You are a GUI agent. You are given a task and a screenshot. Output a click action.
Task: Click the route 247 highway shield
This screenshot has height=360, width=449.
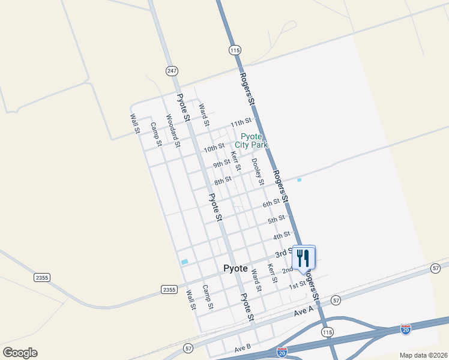tap(172, 71)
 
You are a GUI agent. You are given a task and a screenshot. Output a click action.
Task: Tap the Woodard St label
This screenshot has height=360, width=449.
tap(173, 131)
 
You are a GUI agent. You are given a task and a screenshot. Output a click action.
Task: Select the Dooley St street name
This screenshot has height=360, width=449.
tap(258, 171)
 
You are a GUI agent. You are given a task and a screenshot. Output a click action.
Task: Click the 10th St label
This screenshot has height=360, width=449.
tap(214, 148)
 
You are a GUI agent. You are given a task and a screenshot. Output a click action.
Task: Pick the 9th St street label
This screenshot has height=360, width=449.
tap(221, 163)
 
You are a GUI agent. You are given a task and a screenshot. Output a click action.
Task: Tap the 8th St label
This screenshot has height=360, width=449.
tap(223, 180)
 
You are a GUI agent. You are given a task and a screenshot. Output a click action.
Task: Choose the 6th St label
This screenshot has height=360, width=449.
tap(271, 203)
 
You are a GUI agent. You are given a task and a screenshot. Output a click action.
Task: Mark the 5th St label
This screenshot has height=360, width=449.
tap(276, 220)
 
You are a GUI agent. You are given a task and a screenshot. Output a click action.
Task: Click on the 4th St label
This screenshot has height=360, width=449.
tap(282, 235)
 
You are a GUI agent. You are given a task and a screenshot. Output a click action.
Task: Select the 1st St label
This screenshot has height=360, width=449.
tap(298, 284)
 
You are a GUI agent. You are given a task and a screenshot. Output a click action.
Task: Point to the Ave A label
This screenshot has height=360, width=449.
tap(304, 313)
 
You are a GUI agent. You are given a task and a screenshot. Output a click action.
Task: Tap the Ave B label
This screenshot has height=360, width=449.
tap(243, 349)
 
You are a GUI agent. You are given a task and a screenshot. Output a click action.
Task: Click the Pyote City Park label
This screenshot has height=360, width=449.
tap(251, 140)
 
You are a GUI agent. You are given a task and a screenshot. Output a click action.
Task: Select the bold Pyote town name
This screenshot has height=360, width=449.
tap(235, 269)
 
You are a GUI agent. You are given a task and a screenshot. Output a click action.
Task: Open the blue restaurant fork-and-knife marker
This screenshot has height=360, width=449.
tap(303, 258)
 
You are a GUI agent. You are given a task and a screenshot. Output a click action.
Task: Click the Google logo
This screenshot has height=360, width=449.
tap(20, 353)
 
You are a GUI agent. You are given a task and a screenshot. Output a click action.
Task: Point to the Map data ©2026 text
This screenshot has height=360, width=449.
tap(423, 355)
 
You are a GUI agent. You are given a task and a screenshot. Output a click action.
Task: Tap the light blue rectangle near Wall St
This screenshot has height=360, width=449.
tap(184, 262)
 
